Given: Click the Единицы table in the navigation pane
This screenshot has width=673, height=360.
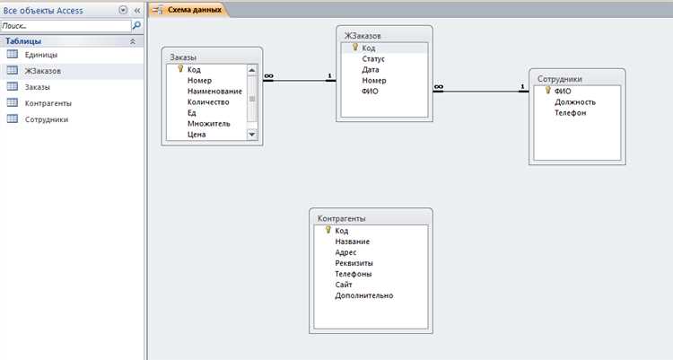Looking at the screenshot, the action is [40, 55].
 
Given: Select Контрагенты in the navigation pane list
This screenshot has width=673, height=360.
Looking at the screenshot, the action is [48, 103].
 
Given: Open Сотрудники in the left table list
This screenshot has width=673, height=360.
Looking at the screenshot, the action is [47, 119].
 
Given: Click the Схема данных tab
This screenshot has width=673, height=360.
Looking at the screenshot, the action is [195, 10].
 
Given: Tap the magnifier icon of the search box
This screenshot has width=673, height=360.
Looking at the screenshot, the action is [136, 26].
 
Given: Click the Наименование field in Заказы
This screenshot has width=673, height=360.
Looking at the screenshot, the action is [214, 91].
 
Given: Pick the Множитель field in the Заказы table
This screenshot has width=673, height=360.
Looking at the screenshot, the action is [208, 123].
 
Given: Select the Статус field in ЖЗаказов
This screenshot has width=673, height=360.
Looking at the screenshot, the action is [373, 59].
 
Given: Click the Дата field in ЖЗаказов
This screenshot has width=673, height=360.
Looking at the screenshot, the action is [371, 70].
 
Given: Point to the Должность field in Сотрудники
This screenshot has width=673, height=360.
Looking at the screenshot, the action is [575, 101].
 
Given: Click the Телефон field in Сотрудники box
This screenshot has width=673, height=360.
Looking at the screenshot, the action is [571, 112].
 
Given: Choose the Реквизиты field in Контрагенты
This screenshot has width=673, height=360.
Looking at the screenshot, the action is [354, 263].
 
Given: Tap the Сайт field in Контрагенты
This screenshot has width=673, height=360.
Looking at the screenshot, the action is [344, 285].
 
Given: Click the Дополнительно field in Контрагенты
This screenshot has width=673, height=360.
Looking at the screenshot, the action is [364, 295].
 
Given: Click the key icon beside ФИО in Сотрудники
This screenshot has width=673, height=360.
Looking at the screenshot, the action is [547, 90].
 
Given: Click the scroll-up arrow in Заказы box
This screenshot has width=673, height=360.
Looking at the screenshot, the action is [252, 70].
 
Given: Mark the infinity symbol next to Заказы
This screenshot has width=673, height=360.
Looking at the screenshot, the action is [268, 76].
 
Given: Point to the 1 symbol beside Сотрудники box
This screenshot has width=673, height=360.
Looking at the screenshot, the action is [522, 87].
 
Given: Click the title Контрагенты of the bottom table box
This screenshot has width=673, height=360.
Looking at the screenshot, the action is [342, 218].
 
